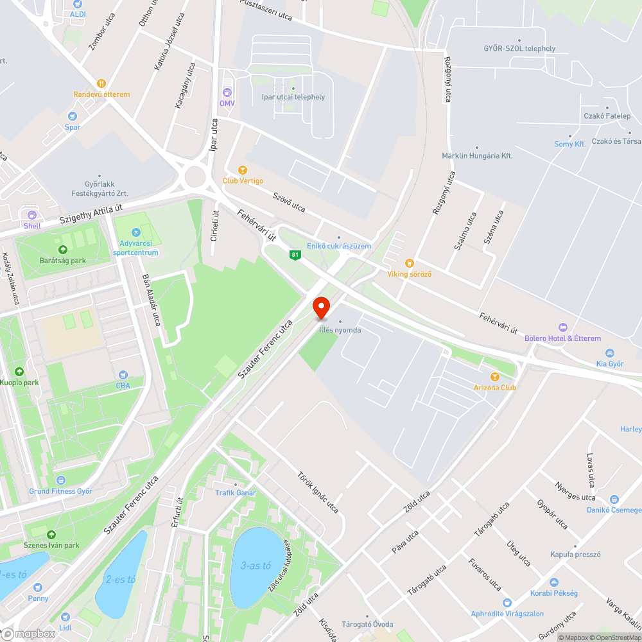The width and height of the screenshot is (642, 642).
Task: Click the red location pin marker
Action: pos(321,308)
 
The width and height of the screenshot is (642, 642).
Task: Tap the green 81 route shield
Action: pos(295,255)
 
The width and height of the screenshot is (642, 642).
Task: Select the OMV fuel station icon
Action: pos(227,92)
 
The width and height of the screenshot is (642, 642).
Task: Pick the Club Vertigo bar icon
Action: pos(242,170)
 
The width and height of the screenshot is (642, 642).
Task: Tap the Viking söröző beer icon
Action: pos(409,263)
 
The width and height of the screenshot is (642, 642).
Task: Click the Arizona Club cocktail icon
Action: pos(494,377)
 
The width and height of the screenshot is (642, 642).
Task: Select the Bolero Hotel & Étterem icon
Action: pos(563,328)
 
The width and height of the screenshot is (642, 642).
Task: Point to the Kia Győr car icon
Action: pos(609,353)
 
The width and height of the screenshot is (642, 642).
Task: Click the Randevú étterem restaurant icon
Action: pos(101,83)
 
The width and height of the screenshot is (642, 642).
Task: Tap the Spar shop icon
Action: pos(73,116)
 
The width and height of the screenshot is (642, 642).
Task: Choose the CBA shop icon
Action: pos(123,375)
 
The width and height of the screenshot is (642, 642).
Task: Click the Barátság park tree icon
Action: pos(62,250)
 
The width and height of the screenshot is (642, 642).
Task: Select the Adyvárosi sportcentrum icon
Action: pos(135,232)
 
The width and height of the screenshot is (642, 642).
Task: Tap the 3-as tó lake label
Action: pos(256,566)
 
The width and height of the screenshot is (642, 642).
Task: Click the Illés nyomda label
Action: pos(340,330)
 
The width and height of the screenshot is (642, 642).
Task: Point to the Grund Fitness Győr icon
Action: pos(60,480)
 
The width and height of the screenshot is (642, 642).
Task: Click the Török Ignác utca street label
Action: pos(318,492)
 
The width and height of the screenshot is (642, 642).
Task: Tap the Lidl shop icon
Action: pos(65,616)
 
